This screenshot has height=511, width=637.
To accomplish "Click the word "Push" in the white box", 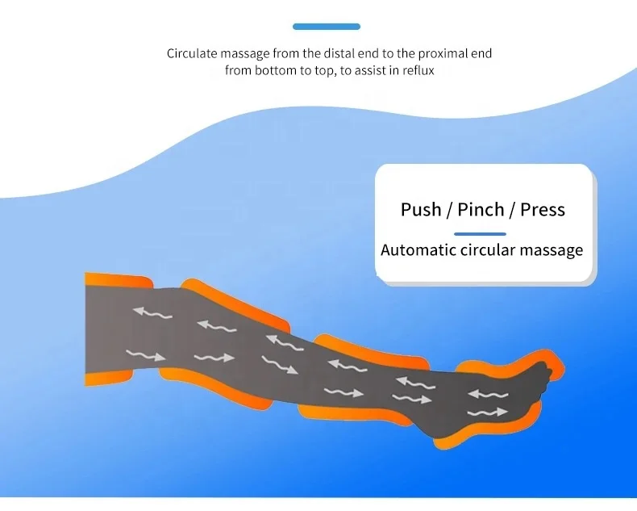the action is (420, 210).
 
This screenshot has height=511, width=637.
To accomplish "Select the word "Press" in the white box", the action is (543, 210).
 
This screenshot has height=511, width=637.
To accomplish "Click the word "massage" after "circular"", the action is (551, 249).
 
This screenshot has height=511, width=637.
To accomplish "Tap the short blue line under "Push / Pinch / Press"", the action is (480, 233).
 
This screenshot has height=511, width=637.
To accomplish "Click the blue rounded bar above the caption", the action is (327, 27).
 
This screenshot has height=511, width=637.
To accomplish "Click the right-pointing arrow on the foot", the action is (489, 413).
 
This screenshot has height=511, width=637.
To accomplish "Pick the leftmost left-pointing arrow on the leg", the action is (152, 312).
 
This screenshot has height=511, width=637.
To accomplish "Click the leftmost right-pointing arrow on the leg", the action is (145, 354).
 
